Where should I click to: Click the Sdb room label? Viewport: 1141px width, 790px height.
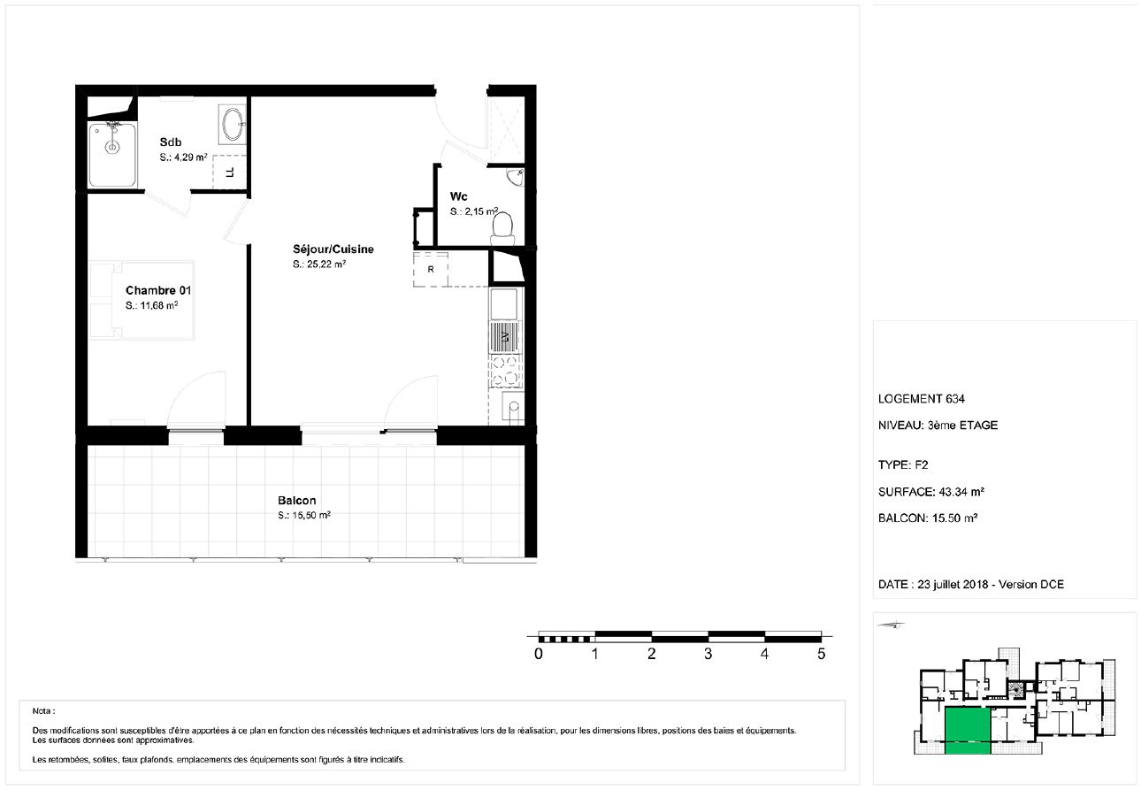(170, 142)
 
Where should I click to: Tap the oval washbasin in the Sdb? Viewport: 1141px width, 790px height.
(234, 124)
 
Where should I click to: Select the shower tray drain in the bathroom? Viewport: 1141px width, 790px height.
(112, 147)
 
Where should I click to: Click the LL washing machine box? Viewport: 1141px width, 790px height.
(230, 173)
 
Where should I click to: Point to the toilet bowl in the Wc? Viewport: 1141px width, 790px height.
(502, 229)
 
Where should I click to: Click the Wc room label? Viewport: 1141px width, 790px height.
(458, 196)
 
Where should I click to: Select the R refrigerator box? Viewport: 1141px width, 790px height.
(431, 270)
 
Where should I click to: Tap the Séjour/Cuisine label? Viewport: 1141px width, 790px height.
(333, 249)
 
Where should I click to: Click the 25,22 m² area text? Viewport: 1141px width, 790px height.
(319, 264)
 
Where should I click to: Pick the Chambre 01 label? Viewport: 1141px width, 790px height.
(158, 290)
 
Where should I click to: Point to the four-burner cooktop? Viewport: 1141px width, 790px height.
(505, 371)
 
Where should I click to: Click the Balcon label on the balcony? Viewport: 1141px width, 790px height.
(297, 500)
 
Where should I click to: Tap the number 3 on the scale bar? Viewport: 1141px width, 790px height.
(708, 654)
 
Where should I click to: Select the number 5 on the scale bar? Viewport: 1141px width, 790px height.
(821, 654)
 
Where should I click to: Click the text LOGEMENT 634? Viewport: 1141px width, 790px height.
(922, 399)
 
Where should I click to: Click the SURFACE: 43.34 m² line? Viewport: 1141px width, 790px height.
(931, 492)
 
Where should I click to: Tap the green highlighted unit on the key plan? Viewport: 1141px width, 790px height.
(968, 731)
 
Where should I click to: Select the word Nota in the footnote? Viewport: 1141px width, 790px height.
(42, 711)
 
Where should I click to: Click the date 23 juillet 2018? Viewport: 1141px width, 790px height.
(953, 585)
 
